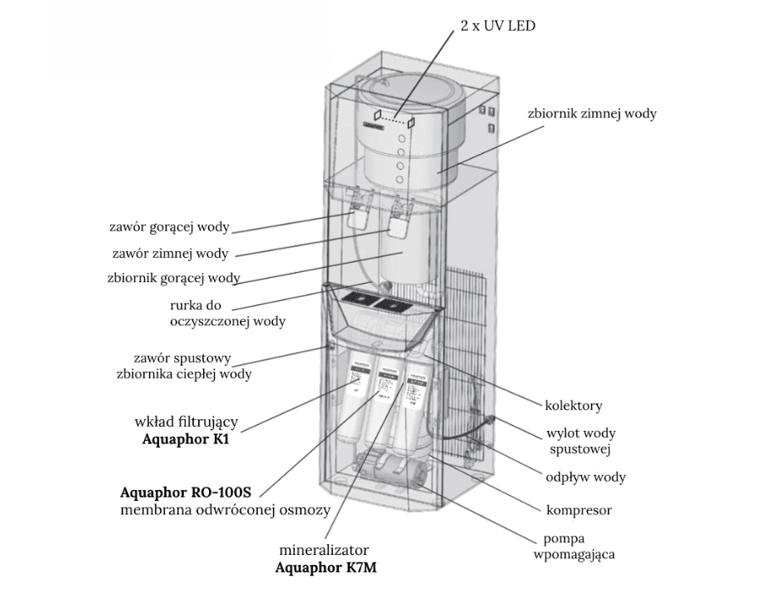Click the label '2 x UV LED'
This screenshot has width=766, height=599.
[498, 26]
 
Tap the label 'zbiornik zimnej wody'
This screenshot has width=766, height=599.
[592, 113]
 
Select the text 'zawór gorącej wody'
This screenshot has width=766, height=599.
[169, 226]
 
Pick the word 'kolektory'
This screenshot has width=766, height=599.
[574, 406]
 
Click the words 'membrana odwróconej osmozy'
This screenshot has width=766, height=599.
[226, 509]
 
